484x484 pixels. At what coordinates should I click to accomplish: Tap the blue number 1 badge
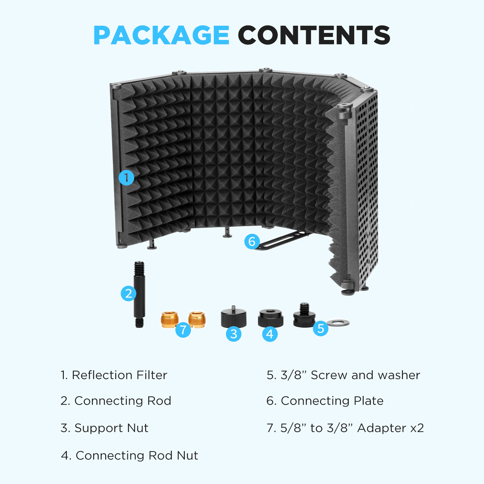[126, 178]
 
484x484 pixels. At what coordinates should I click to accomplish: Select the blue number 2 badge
[129, 293]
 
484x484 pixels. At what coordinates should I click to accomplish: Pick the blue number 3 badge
[234, 334]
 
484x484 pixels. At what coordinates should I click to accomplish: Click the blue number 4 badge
[270, 334]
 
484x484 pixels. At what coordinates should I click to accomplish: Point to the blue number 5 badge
[321, 328]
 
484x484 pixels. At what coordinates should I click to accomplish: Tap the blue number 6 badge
[252, 241]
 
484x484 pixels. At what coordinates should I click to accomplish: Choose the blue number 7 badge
[183, 329]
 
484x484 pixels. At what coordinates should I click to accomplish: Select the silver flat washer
[338, 322]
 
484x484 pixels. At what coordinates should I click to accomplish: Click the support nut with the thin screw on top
[234, 318]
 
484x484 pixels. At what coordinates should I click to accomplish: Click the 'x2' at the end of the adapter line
[417, 428]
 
